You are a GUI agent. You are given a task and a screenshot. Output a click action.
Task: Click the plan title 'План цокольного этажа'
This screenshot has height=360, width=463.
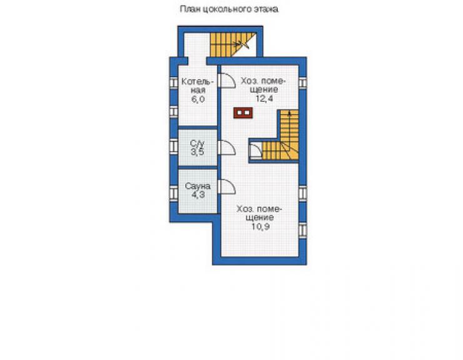[230, 9]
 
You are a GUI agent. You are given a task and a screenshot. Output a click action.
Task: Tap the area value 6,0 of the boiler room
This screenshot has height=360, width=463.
[198, 99]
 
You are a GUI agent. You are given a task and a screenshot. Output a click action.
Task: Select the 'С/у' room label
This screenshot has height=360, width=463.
[197, 144]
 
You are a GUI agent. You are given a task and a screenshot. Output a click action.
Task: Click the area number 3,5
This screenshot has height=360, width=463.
[197, 152]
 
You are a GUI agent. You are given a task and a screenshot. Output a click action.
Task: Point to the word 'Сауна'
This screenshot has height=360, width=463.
[198, 186]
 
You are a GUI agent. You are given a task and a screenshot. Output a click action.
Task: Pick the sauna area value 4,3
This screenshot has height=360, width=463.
[198, 195]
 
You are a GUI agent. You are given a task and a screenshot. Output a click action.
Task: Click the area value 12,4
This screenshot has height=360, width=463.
[264, 98]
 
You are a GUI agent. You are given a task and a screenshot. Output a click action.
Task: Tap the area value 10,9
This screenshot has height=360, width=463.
[261, 227]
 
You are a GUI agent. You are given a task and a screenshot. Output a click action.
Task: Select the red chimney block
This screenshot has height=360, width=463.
[243, 113]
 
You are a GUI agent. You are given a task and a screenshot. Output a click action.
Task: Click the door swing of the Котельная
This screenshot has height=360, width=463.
[226, 80]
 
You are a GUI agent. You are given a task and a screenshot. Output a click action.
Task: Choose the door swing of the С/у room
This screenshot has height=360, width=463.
[226, 147]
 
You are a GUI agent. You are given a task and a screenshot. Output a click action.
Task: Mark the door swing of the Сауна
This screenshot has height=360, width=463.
[226, 187]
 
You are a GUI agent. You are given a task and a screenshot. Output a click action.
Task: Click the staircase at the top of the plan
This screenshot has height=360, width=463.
[233, 44]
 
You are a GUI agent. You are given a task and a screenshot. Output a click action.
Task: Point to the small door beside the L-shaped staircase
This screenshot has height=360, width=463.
[255, 151]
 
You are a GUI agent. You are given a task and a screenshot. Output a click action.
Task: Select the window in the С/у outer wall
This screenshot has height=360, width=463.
[174, 146]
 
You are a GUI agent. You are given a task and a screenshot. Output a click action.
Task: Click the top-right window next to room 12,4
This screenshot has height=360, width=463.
[303, 83]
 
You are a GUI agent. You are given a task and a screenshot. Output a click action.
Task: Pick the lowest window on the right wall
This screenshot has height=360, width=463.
[303, 231]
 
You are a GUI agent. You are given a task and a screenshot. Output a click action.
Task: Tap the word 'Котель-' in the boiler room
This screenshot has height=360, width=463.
[197, 81]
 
